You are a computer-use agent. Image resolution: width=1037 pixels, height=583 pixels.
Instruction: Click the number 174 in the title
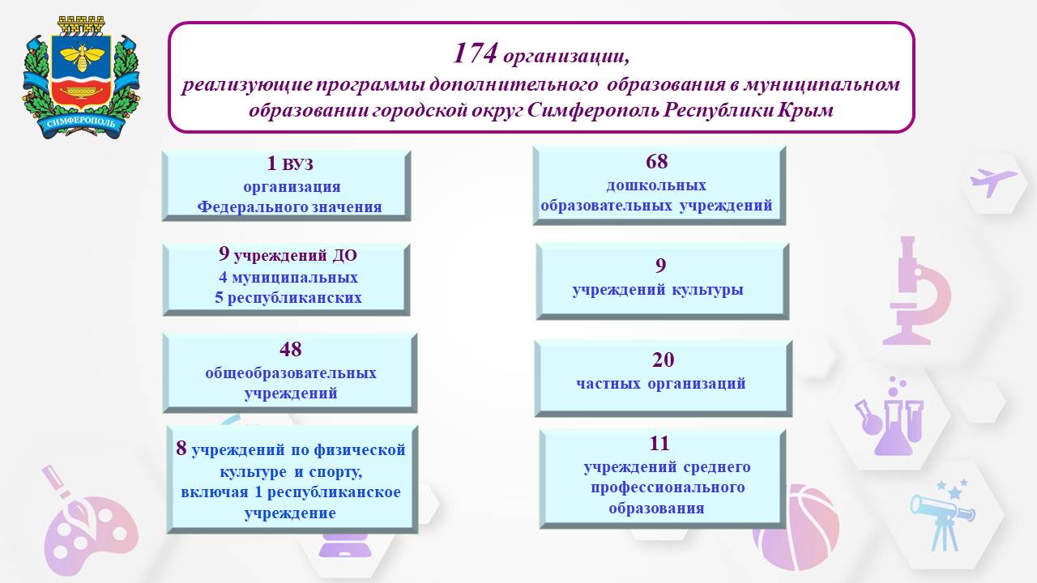pyautogui.click(x=476, y=53)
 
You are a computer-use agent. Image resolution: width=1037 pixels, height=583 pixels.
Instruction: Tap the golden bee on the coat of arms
pyautogui.click(x=82, y=57)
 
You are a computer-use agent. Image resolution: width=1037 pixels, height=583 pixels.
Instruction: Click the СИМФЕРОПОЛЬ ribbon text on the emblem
pyautogui.click(x=81, y=122)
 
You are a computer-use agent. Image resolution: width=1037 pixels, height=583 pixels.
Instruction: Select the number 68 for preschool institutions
pyautogui.click(x=656, y=161)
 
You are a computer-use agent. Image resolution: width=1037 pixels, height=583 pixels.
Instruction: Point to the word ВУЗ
pyautogui.click(x=297, y=164)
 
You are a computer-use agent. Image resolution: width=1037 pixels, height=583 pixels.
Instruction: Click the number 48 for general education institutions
pyautogui.click(x=290, y=349)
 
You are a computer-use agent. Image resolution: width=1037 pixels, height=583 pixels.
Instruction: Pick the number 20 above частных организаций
pyautogui.click(x=663, y=360)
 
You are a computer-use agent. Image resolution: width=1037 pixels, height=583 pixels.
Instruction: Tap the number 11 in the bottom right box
pyautogui.click(x=659, y=443)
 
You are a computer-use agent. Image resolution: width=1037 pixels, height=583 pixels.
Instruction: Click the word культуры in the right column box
pyautogui.click(x=707, y=290)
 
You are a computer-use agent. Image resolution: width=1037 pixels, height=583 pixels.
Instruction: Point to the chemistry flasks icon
pyautogui.click(x=890, y=416)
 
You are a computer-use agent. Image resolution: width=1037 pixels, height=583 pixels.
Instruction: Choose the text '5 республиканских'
pyautogui.click(x=288, y=297)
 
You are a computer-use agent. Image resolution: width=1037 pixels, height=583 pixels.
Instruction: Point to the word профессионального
pyautogui.click(x=668, y=487)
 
